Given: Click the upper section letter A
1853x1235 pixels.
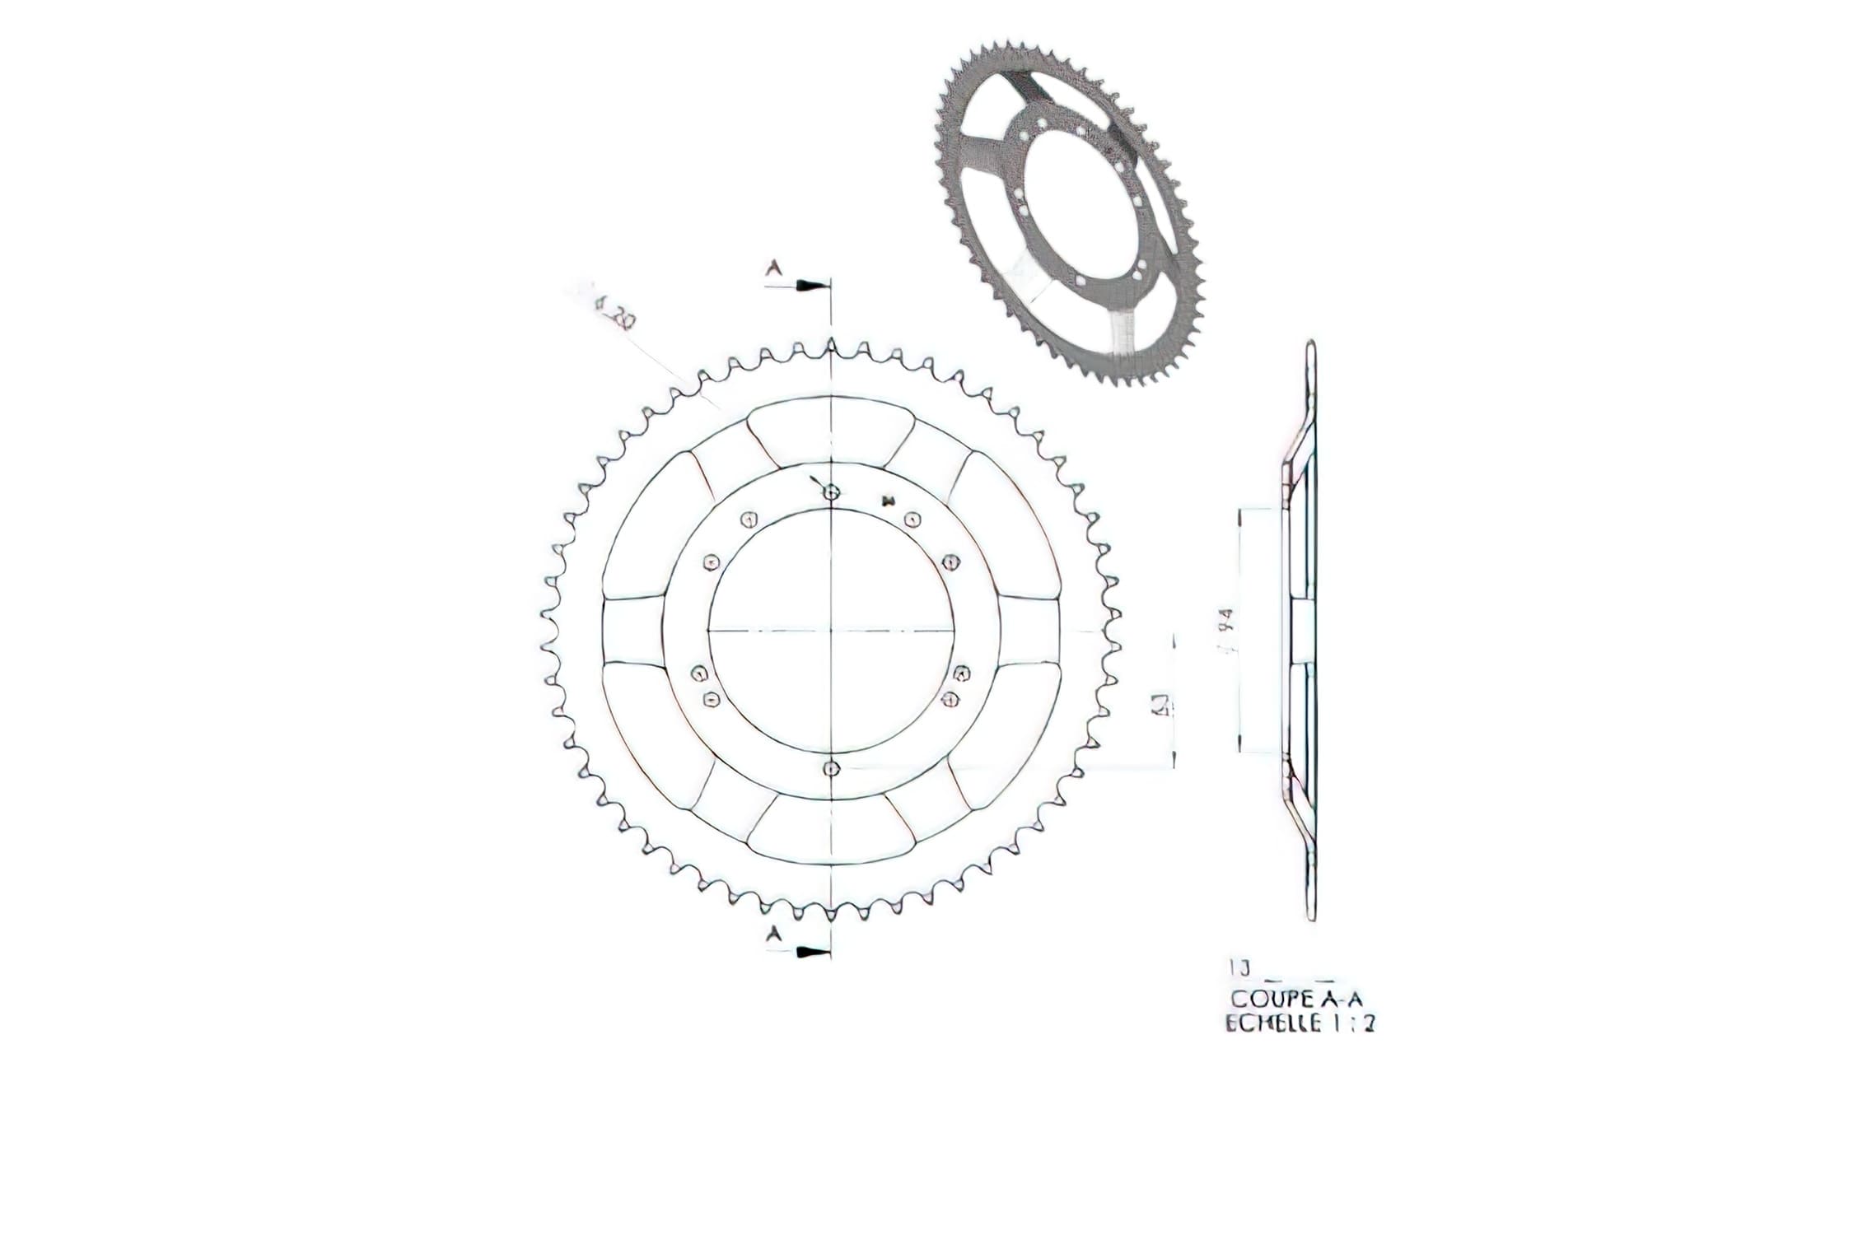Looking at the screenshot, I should click(x=774, y=268).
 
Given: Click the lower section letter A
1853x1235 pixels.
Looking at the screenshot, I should click(x=774, y=933).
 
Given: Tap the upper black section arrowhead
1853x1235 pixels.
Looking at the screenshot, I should click(x=810, y=285).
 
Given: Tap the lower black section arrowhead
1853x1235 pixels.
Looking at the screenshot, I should click(x=810, y=953).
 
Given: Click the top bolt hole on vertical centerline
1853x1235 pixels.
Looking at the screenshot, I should click(x=832, y=492).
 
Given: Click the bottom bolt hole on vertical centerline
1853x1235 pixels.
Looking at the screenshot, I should click(x=832, y=767).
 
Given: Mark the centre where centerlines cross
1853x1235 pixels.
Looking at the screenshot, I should click(x=832, y=630).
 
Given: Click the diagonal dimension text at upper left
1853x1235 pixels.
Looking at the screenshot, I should click(x=613, y=316).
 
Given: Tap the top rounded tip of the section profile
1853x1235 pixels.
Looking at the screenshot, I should click(x=1310, y=346).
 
